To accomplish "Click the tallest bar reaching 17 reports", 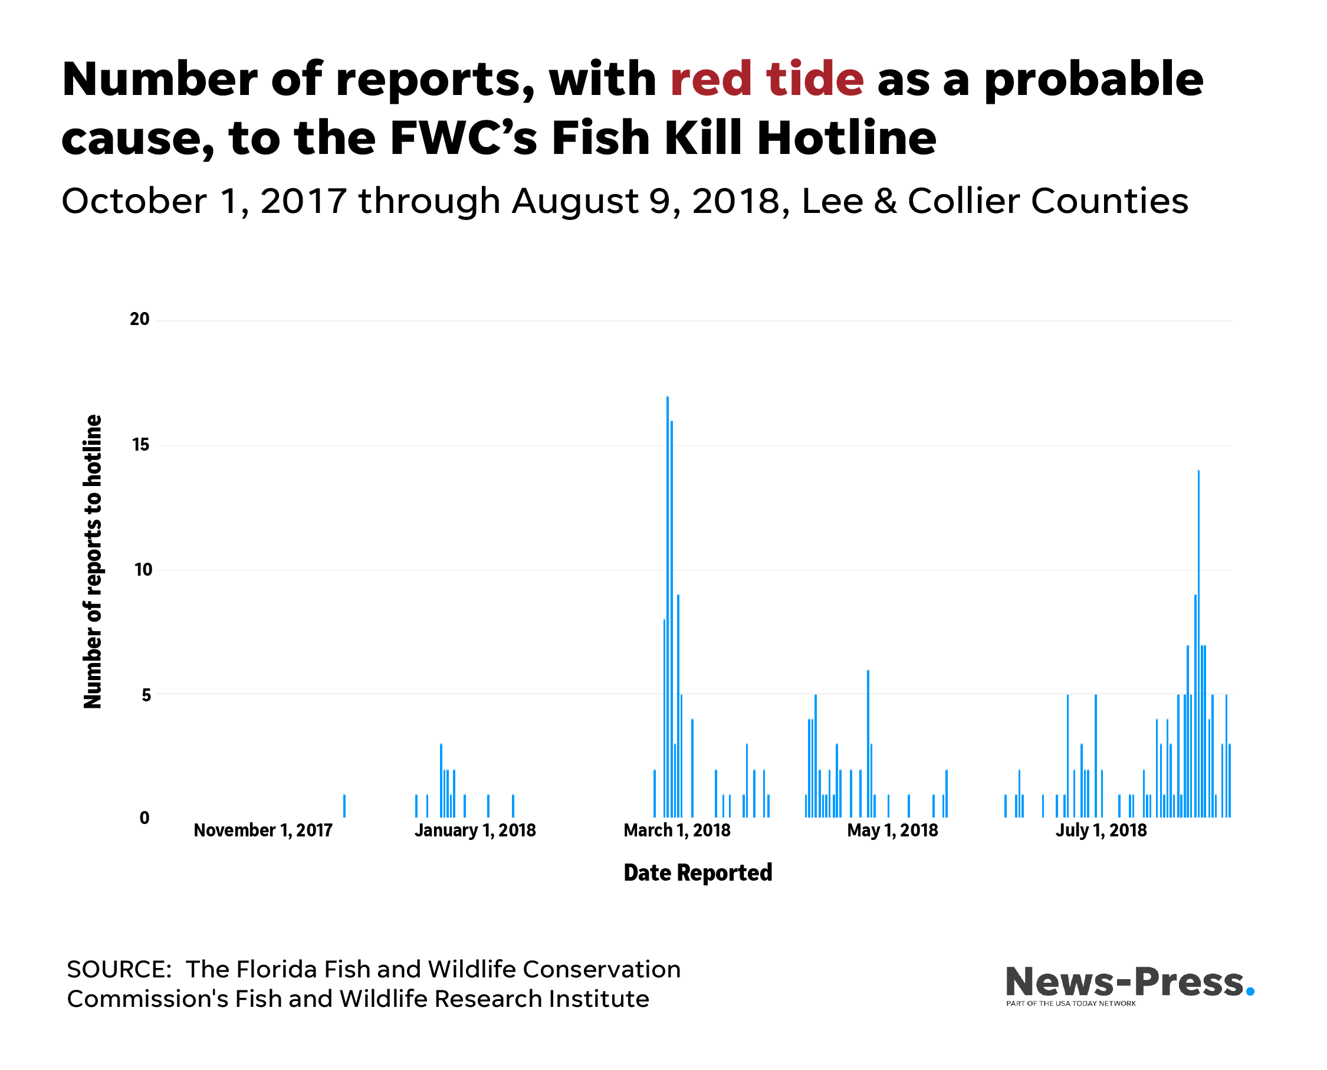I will tap(668, 607).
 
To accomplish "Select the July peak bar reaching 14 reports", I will tap(1199, 644).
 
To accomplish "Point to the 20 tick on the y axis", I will tap(140, 319).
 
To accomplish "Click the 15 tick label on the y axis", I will tap(141, 445).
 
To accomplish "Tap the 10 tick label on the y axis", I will tap(143, 570).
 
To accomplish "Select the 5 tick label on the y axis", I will tap(146, 695).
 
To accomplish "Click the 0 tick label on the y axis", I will tap(145, 819).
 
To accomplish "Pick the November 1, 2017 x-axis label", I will tap(263, 831).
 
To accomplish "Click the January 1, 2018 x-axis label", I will tap(475, 831).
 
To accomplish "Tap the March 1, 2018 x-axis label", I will tap(676, 831).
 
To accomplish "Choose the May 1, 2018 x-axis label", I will tap(892, 831).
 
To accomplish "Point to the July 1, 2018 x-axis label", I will tap(1102, 831).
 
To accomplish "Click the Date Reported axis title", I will tap(698, 874).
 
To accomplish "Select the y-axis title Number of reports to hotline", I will tap(93, 562).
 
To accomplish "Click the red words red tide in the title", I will tap(767, 79).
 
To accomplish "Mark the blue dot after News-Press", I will tap(1250, 992).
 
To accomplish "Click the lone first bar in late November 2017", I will tap(344, 806).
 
